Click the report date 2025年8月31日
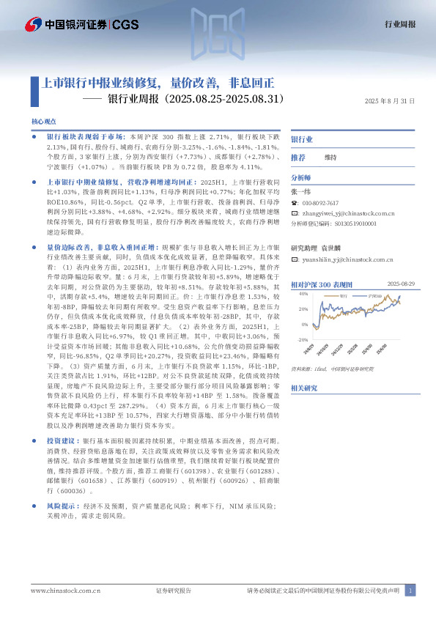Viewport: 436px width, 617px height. pyautogui.click(x=389, y=101)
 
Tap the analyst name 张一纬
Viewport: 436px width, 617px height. pyautogui.click(x=302, y=189)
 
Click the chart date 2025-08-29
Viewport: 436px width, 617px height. pyautogui.click(x=401, y=283)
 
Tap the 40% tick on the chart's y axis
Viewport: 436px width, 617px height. pyautogui.click(x=303, y=293)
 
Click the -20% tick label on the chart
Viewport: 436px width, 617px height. pyautogui.click(x=302, y=340)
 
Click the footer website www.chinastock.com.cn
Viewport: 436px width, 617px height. pyautogui.click(x=64, y=591)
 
